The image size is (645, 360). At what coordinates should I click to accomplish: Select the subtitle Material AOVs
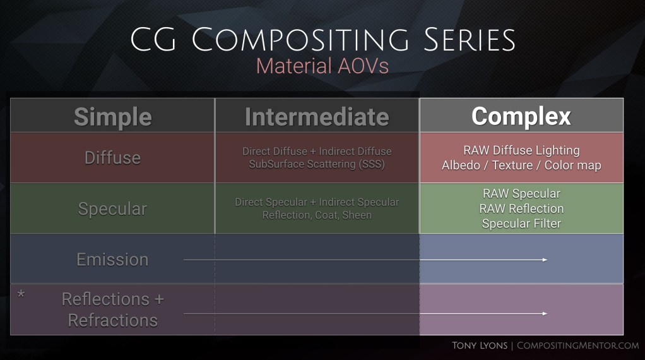(x=322, y=66)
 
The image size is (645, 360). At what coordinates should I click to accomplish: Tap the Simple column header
(x=113, y=116)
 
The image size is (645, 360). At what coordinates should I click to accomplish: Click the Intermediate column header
(x=317, y=116)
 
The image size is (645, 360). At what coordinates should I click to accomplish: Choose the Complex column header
(x=521, y=116)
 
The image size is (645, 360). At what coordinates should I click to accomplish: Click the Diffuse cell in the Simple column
(x=113, y=157)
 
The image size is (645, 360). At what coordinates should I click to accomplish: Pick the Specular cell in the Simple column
(x=112, y=208)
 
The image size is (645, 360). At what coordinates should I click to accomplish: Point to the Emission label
(x=112, y=259)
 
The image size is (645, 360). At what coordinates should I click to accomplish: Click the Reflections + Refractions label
(x=112, y=309)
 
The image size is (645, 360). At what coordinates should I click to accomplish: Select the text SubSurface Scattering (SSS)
(x=317, y=164)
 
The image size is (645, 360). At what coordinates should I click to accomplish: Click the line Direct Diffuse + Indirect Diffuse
(x=317, y=152)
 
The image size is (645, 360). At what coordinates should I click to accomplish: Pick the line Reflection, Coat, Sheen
(x=317, y=215)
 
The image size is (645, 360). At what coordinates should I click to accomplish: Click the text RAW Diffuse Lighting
(x=521, y=150)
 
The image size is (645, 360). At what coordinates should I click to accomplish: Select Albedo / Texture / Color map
(x=521, y=165)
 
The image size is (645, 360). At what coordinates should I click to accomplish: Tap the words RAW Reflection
(x=521, y=208)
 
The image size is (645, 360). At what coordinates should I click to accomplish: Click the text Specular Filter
(x=521, y=223)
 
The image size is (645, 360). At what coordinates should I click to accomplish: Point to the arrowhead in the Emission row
(x=545, y=260)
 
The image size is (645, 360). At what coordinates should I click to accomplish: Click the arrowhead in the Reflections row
(x=545, y=313)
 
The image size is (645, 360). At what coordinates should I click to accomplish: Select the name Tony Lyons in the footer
(x=479, y=345)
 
